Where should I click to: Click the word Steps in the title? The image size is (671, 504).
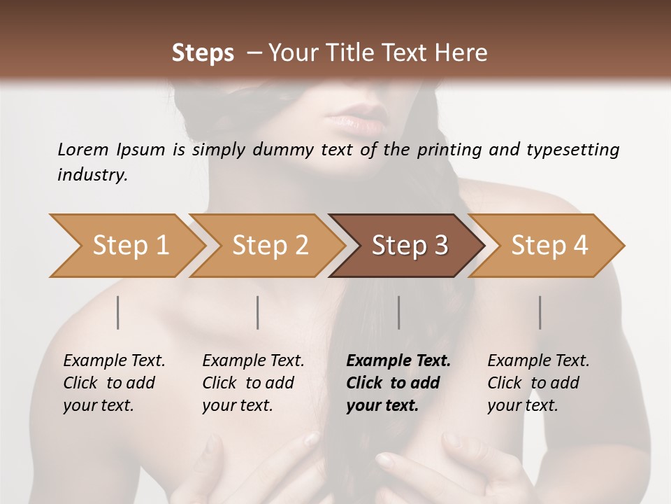click(203, 53)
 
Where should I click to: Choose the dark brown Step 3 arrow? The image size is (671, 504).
click(410, 245)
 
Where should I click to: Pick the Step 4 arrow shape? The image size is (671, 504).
click(549, 245)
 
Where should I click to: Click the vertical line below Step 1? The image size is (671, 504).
click(118, 312)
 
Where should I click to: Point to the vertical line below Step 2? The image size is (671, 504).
click(258, 312)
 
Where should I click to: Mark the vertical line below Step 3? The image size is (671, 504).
click(399, 312)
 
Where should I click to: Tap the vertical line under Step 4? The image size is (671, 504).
click(540, 312)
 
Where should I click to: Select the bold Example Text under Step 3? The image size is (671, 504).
click(398, 383)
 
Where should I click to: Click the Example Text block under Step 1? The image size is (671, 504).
click(114, 383)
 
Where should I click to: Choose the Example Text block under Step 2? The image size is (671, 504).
click(253, 383)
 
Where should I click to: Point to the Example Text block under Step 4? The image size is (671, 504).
click(538, 383)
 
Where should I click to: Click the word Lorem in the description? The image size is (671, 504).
click(83, 150)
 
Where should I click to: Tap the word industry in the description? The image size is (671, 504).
click(92, 175)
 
